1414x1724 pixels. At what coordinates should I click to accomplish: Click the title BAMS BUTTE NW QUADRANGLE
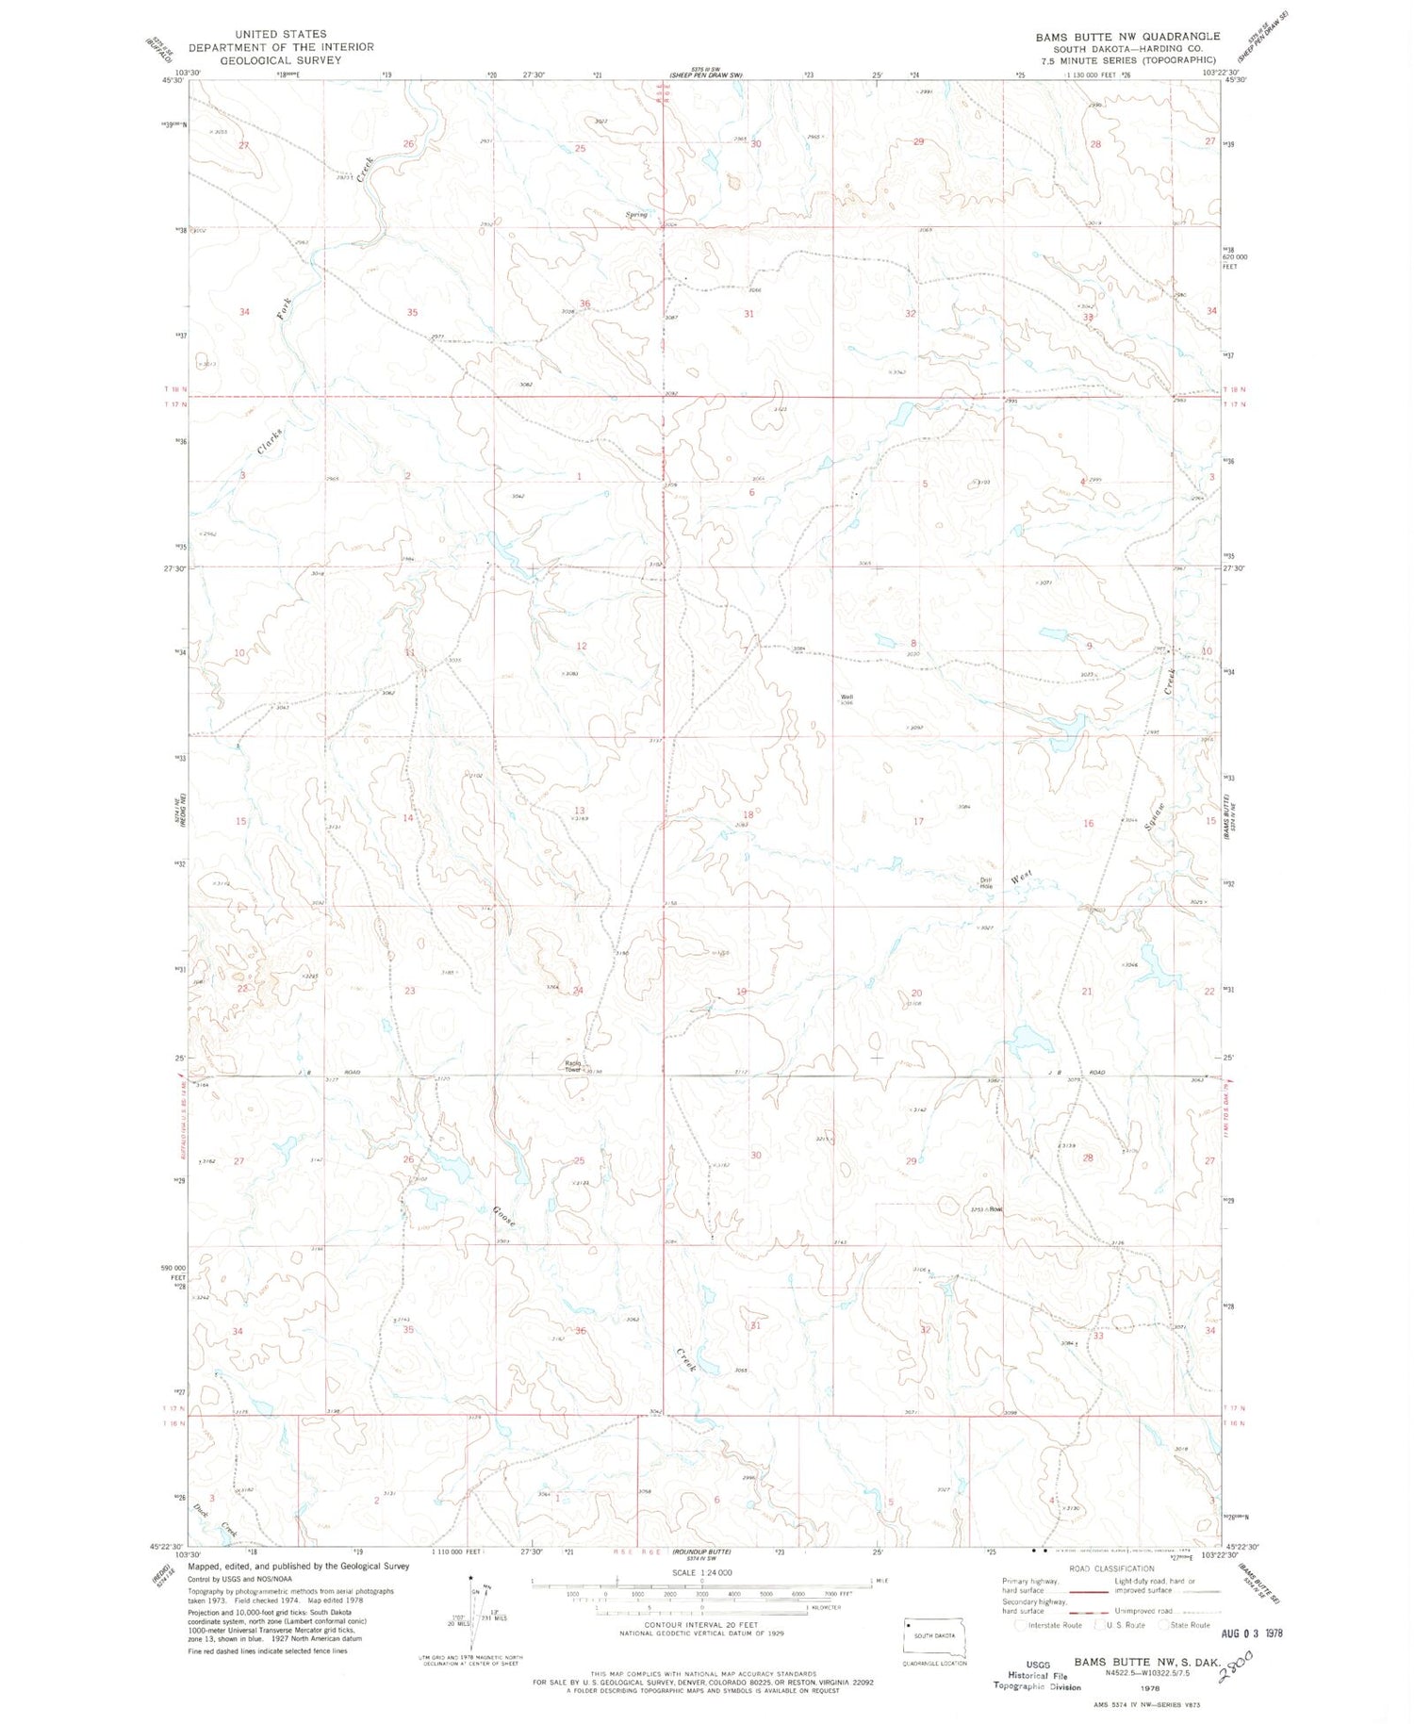pos(1127,37)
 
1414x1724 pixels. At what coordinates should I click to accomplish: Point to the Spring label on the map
pos(636,215)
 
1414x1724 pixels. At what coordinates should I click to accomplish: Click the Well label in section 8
pos(847,698)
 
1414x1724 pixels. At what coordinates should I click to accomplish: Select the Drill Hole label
pos(986,883)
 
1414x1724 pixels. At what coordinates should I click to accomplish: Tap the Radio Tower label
pos(573,1066)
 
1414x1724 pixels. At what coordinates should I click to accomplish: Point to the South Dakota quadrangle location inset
pos(934,1637)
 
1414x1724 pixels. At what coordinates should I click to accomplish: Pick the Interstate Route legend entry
pos(1053,1625)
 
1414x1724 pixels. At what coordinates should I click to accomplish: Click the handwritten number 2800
pos(1236,1667)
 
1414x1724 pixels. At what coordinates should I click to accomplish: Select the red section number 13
pos(579,811)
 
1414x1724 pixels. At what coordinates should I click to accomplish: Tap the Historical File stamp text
pos(1028,1675)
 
